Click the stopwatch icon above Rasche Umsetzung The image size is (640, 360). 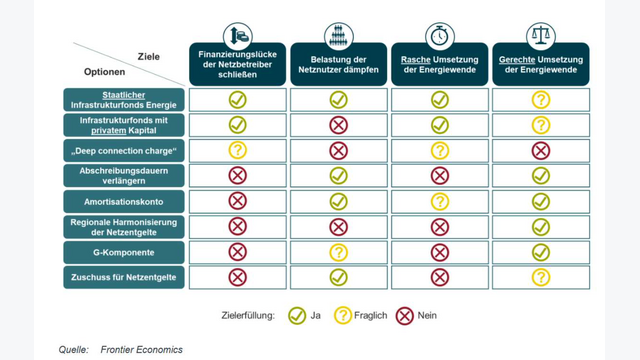[x=440, y=36]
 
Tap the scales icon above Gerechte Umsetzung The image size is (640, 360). [x=541, y=36]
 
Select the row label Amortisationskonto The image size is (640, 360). [x=124, y=202]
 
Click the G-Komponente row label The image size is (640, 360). [x=124, y=252]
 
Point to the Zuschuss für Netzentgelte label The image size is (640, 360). [x=124, y=278]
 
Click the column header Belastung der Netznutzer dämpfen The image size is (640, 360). [x=338, y=64]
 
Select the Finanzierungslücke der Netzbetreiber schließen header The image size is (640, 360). [x=238, y=64]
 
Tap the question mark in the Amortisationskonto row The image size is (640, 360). [x=440, y=202]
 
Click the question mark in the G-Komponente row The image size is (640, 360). [x=338, y=252]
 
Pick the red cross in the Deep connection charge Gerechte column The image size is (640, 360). [x=541, y=151]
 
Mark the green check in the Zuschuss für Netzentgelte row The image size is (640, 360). [x=338, y=278]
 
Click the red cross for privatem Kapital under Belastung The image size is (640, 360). [x=338, y=125]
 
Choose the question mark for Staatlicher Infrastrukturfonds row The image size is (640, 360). [x=541, y=100]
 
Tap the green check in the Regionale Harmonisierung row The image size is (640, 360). [x=541, y=227]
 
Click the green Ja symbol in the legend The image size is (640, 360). [x=297, y=316]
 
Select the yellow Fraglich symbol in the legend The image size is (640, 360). [x=343, y=316]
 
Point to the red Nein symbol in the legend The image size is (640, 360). [x=404, y=316]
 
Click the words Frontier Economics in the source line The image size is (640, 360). [x=142, y=350]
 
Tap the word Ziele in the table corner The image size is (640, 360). [x=149, y=57]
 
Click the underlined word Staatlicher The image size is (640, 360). [x=124, y=95]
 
